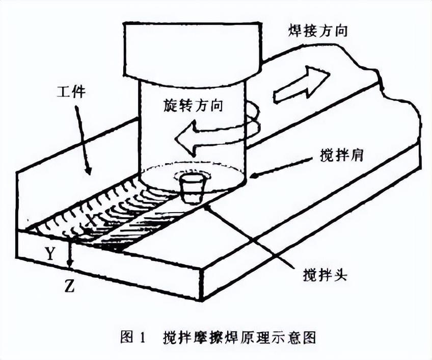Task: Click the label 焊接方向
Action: (317, 31)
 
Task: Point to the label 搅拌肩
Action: (341, 156)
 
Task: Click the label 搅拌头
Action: (325, 274)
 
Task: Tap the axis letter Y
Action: (50, 254)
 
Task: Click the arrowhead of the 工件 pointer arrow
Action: (88, 169)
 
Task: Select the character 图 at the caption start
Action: (127, 337)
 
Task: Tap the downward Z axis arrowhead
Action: (70, 265)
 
